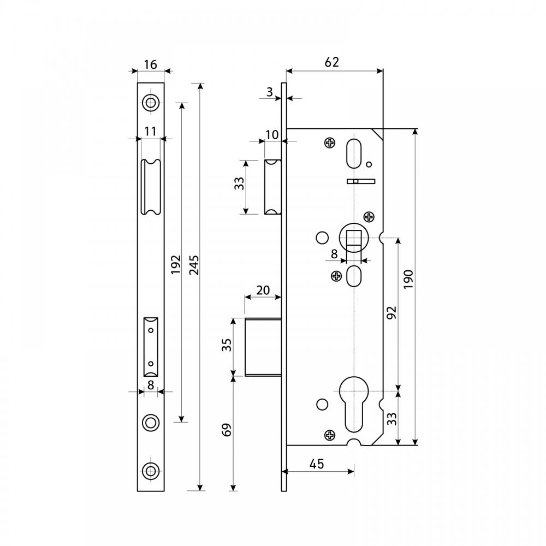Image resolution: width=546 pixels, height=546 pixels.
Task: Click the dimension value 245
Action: click(x=194, y=265)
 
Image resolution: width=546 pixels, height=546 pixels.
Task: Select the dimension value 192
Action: click(x=176, y=264)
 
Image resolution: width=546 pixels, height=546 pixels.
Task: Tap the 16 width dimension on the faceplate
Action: click(x=151, y=64)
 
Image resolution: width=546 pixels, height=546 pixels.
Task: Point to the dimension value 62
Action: click(x=331, y=62)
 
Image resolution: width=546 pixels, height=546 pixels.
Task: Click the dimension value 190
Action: click(x=408, y=279)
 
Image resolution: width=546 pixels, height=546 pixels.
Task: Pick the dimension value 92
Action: click(x=391, y=313)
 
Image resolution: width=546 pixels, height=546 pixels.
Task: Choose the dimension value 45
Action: click(x=317, y=464)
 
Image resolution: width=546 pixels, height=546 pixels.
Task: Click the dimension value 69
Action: click(x=227, y=430)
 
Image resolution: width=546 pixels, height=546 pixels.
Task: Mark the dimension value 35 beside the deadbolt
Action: click(x=227, y=345)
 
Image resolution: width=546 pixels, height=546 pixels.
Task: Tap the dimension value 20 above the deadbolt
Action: click(x=263, y=290)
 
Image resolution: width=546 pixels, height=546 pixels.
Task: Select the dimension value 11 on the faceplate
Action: click(x=150, y=131)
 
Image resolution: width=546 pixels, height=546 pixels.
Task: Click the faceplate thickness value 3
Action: click(x=270, y=92)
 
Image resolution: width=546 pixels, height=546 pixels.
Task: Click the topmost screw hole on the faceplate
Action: click(x=151, y=103)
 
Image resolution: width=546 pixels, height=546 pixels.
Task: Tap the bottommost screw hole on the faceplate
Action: click(x=151, y=471)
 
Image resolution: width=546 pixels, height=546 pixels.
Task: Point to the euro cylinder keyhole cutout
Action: click(x=354, y=404)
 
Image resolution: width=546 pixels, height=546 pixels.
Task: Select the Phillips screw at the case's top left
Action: click(x=329, y=143)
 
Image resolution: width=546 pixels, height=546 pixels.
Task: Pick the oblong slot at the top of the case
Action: click(x=354, y=153)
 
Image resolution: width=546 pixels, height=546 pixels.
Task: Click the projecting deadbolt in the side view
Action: click(x=263, y=347)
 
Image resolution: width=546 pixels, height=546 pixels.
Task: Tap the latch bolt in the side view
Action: click(x=272, y=187)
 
